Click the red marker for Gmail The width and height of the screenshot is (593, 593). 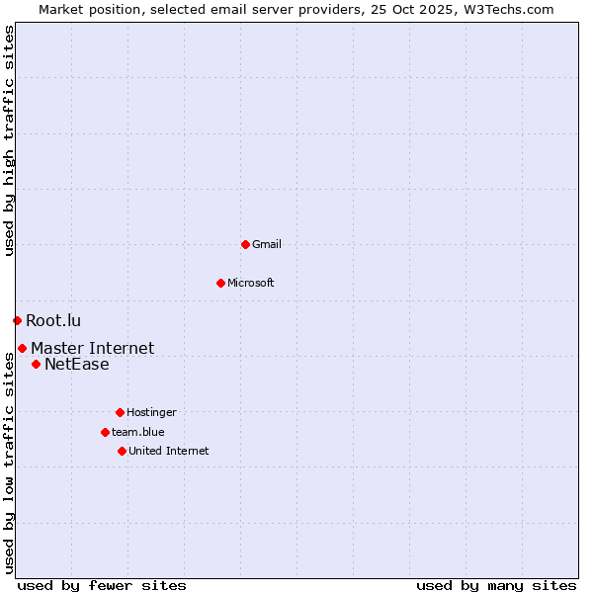[245, 244]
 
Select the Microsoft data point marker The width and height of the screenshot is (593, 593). [220, 283]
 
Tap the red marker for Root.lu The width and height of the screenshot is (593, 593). [17, 320]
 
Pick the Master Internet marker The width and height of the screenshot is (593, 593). [22, 348]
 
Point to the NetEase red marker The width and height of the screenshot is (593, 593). [36, 364]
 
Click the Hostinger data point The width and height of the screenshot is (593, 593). [120, 412]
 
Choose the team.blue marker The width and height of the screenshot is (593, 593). [105, 432]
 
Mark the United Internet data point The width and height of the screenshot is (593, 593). [122, 451]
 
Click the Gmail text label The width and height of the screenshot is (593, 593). [267, 244]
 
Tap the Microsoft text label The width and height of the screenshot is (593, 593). [251, 283]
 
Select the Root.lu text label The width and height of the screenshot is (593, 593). [53, 320]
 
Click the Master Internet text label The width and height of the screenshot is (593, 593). [92, 348]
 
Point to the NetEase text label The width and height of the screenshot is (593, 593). [76, 364]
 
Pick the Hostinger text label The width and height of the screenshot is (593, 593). [151, 412]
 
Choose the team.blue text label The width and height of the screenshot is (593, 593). [138, 432]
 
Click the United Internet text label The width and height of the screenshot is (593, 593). [168, 451]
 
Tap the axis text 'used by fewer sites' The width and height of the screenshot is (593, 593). [102, 585]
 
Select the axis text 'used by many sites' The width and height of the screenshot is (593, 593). [496, 585]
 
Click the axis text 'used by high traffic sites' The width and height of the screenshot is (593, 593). [9, 140]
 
